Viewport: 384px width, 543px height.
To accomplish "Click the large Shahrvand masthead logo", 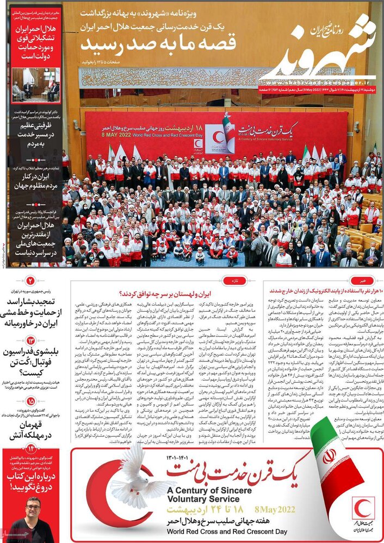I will click(x=321, y=52).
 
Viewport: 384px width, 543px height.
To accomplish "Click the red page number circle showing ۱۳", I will click(x=30, y=340).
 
